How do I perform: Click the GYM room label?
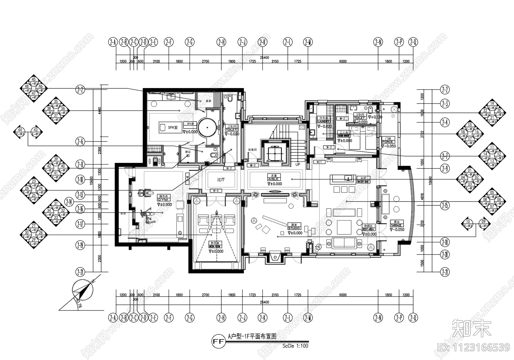point(162,200)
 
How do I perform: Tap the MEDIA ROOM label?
point(215,246)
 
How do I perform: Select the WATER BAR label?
point(363,182)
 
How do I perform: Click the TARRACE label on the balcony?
point(396,225)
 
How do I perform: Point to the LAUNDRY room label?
point(323,122)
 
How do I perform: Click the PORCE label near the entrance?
point(388,141)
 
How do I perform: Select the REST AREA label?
point(368,230)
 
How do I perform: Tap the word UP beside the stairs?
point(298,165)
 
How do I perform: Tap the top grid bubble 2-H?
point(221,42)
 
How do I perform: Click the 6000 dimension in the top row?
point(343,61)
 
